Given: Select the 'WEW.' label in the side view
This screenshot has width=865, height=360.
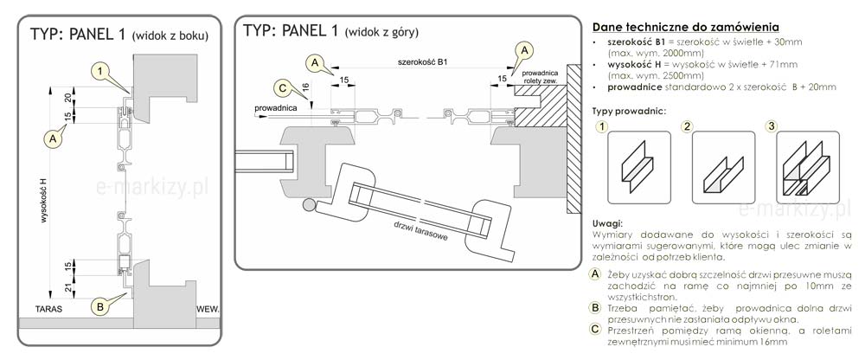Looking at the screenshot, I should pyautogui.click(x=208, y=308).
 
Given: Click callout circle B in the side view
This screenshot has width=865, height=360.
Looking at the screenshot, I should pyautogui.click(x=100, y=305).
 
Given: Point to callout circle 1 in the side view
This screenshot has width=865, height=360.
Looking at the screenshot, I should pyautogui.click(x=101, y=70).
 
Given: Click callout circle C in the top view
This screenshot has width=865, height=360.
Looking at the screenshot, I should pyautogui.click(x=281, y=87).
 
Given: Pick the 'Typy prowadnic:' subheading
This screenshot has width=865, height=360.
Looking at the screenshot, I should pyautogui.click(x=629, y=110).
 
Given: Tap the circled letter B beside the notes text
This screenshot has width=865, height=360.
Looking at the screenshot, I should pyautogui.click(x=594, y=306).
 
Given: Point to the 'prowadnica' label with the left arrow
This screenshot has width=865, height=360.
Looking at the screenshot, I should pyautogui.click(x=276, y=107).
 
